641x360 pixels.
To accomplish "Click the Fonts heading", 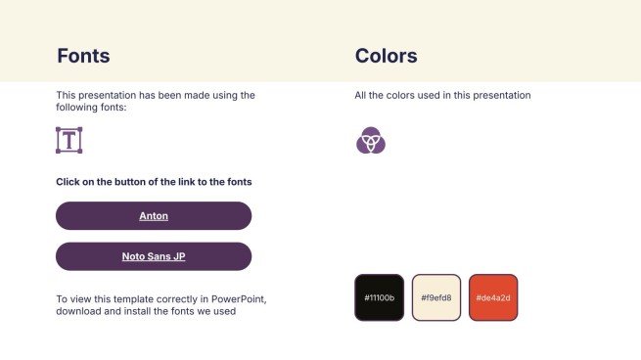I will pos(83,56).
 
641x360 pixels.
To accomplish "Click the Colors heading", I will pos(387,56).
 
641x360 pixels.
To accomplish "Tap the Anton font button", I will pos(154,215).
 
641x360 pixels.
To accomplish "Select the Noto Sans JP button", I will pos(154,256).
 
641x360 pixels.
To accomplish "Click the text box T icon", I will pos(69,140).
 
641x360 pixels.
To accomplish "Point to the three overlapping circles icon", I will pos(371,141).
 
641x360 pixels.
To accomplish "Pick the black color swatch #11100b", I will pos(379,297).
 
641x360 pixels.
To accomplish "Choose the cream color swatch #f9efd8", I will pos(435,297).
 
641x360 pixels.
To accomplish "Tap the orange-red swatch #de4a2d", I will pos(492,297).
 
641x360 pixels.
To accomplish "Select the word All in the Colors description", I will pos(361,96).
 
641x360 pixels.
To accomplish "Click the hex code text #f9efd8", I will pos(435,297).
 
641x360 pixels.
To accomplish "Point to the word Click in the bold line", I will pos(69,182).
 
